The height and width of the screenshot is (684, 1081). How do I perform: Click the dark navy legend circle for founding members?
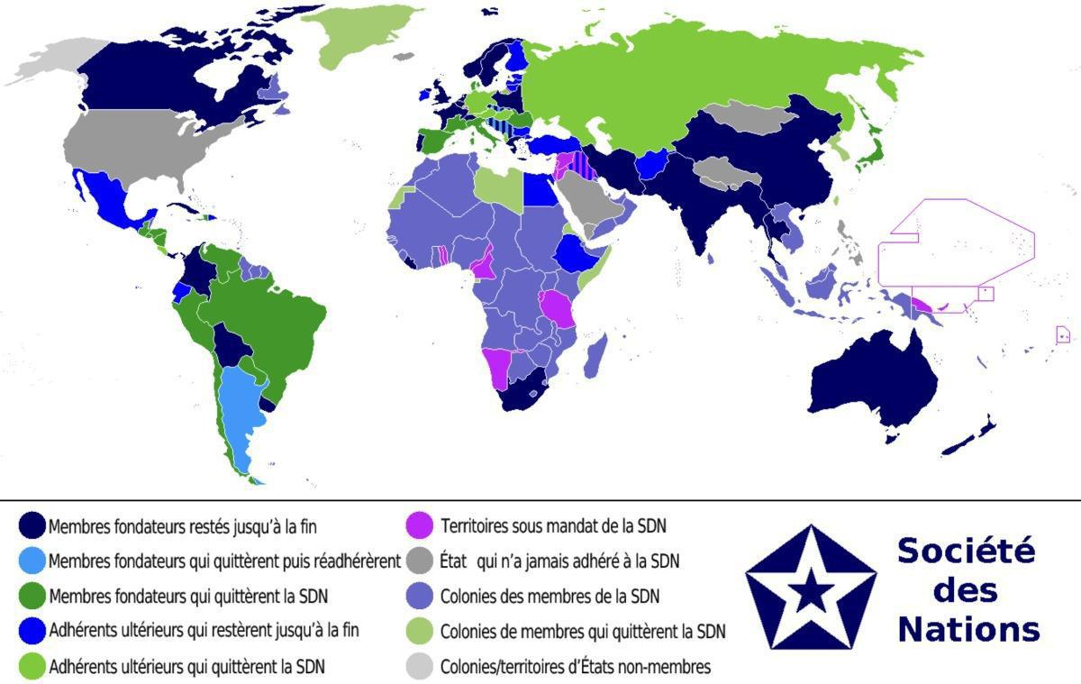tap(33, 525)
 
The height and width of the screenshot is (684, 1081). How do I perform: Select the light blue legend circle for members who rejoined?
tap(33, 561)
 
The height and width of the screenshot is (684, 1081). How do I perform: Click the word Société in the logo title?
tap(966, 550)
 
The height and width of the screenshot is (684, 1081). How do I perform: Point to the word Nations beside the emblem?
tap(968, 628)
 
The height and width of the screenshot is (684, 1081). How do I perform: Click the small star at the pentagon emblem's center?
tap(814, 593)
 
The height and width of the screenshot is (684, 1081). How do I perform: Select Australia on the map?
tap(874, 383)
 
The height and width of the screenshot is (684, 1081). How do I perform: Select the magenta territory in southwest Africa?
tap(498, 368)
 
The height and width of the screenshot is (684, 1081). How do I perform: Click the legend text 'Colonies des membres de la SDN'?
tap(550, 596)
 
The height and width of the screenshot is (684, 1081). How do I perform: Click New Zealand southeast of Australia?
tap(973, 437)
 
